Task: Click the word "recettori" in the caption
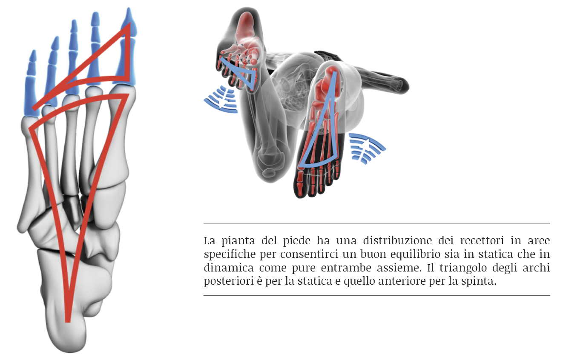pos(482,241)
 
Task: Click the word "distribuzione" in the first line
pos(397,241)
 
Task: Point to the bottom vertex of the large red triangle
pos(68,322)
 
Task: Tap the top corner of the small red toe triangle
pos(129,23)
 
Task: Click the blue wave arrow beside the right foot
pos(367,148)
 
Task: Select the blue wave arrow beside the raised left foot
pos(221,100)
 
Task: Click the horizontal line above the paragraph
pos(377,223)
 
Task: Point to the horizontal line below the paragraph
pos(377,295)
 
